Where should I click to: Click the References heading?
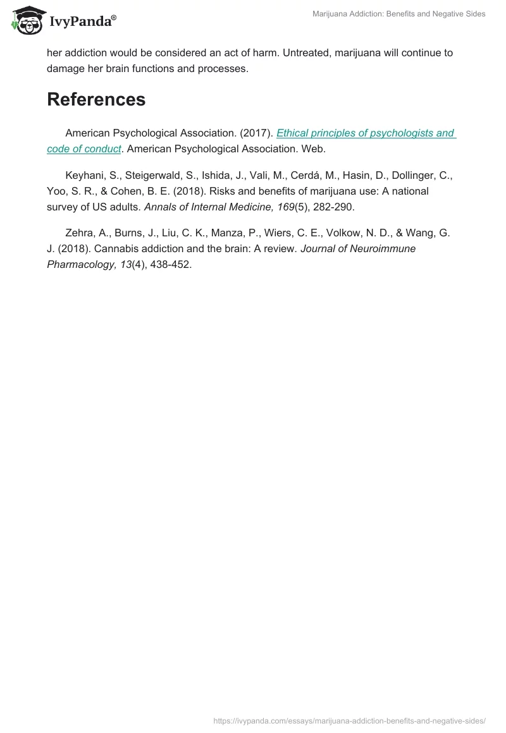[x=96, y=99]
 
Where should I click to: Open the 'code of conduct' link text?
[x=83, y=148]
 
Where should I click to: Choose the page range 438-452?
[x=171, y=264]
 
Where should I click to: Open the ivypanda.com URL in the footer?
[x=349, y=720]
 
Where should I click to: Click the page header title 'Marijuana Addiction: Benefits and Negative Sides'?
[x=399, y=14]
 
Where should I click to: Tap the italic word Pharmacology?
[x=81, y=264]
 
